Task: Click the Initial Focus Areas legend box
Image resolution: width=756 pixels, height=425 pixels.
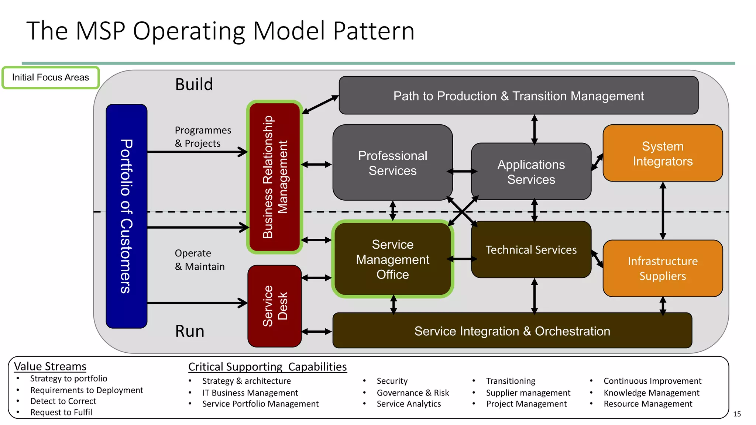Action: tap(51, 77)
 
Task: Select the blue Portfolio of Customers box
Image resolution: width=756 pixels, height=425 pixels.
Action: tap(126, 216)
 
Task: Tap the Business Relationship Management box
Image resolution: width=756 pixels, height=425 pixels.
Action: tap(275, 177)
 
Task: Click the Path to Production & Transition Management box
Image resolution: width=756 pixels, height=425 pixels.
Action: tap(518, 96)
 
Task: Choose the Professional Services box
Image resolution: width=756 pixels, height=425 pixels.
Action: tap(392, 163)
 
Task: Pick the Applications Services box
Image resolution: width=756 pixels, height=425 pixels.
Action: tap(531, 172)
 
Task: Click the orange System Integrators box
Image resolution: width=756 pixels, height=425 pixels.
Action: tap(663, 153)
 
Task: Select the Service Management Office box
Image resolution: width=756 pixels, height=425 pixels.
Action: tap(392, 259)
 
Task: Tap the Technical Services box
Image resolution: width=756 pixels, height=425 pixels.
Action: tap(531, 250)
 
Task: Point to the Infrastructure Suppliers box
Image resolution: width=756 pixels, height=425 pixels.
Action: tap(663, 268)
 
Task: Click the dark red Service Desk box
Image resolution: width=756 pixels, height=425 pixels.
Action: tap(275, 306)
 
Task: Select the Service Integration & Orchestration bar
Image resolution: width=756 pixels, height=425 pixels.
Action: tap(512, 331)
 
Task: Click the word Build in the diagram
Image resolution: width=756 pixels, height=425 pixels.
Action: tap(194, 84)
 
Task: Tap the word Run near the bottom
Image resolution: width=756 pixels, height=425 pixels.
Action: tap(189, 331)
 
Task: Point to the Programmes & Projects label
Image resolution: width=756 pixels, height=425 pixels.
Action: tap(203, 137)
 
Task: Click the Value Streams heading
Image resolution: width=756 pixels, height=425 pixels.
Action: tap(50, 366)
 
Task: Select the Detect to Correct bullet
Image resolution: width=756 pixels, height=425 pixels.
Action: tap(63, 401)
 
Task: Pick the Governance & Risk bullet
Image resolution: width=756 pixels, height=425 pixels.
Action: tap(413, 393)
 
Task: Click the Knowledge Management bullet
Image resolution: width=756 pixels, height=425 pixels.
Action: tap(651, 393)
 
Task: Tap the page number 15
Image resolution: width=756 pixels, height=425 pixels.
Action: tap(737, 414)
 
